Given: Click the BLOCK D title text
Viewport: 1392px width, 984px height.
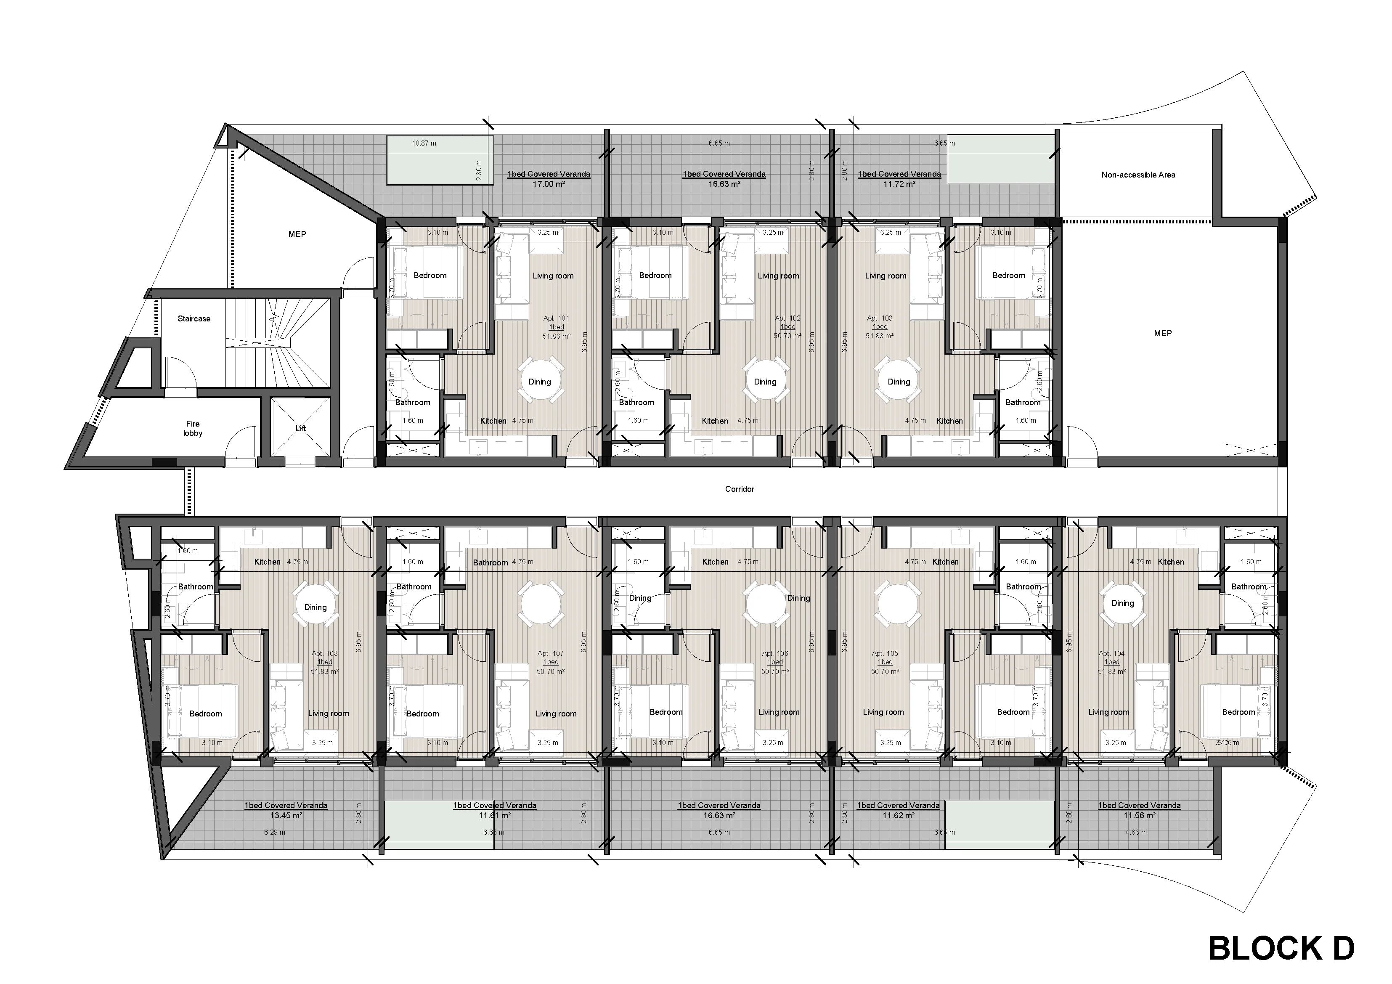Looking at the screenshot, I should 1281,948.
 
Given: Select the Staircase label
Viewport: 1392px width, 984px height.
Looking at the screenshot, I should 194,318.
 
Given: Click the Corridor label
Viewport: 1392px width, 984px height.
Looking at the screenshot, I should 740,489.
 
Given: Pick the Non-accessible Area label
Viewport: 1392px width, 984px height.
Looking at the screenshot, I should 1138,175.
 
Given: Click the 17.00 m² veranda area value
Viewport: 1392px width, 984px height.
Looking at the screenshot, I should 549,184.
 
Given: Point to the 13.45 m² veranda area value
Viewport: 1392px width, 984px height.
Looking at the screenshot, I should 286,815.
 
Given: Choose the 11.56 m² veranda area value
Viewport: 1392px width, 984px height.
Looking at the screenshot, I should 1139,815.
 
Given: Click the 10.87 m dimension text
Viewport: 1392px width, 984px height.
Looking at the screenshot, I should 424,143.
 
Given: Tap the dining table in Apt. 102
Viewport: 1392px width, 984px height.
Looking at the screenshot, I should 765,381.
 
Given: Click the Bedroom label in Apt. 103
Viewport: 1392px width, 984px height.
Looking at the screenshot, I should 1008,275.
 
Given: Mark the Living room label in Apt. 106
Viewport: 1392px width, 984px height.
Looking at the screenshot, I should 779,712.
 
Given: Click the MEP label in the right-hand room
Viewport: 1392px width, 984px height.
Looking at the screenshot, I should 1163,333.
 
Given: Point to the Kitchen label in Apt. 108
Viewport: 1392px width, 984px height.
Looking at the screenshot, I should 268,562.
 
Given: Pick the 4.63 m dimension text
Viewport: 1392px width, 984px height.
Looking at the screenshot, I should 1135,832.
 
